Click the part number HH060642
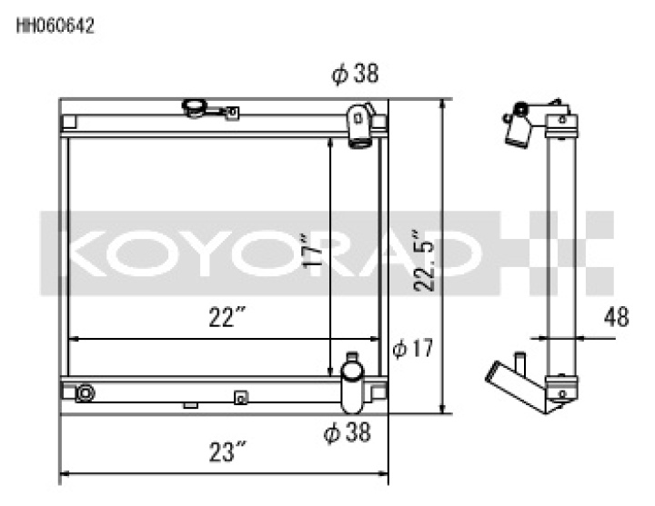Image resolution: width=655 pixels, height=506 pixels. point(55,26)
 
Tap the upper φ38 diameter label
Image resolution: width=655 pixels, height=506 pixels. point(355,74)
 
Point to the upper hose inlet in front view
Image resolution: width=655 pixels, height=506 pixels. point(360,124)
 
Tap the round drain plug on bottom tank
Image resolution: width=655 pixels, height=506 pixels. point(85,392)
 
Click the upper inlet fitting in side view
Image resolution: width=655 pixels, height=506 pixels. point(519,127)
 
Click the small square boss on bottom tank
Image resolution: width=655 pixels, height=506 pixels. point(240,396)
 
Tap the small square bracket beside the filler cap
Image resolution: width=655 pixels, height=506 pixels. point(232,114)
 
